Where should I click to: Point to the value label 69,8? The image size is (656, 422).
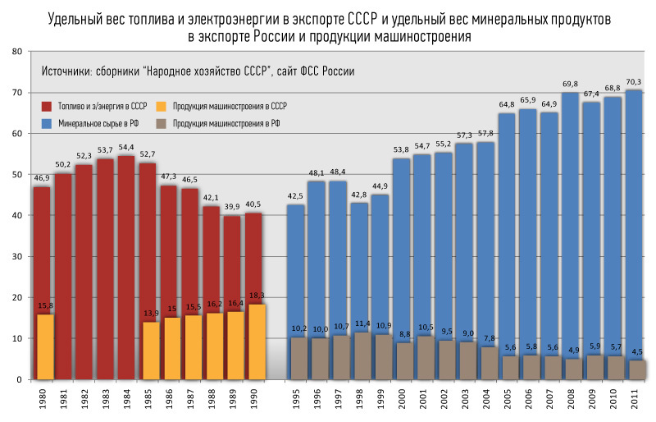pos(571,84)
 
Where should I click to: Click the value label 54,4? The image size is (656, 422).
pos(127,147)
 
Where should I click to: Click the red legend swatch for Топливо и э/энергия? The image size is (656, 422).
pos(47,106)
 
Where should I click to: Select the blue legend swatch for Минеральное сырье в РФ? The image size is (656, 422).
pos(47,124)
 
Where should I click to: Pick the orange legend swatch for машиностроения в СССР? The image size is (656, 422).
pos(160,106)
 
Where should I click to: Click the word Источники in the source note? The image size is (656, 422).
pos(67,71)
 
